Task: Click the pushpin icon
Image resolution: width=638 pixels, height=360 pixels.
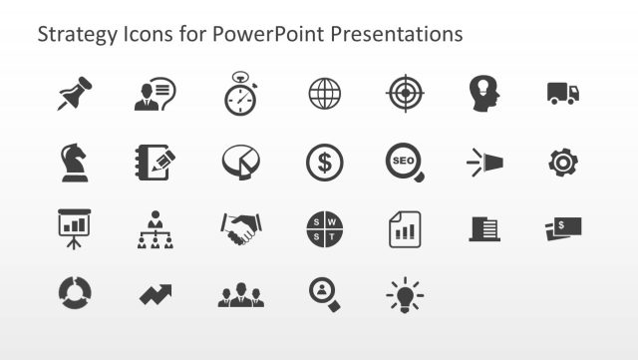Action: pos(74,94)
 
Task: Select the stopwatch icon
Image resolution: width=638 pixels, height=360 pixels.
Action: pos(240,94)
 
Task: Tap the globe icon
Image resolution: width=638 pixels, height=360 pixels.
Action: pos(324,94)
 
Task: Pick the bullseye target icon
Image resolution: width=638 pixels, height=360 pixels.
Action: pos(405,94)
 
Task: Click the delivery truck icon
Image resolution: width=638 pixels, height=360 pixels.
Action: pos(563,94)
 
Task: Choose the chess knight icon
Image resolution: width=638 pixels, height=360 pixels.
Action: pos(74,162)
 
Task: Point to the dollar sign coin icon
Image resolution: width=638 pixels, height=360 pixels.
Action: pos(324,162)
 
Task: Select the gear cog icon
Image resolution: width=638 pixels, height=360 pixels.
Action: pos(563,162)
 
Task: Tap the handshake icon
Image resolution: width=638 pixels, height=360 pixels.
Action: pos(239,229)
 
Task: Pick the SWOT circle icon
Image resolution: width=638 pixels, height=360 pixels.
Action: pos(324,229)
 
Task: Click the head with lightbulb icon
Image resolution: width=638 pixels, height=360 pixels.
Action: pos(484,94)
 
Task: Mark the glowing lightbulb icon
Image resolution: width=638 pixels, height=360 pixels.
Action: pos(405,295)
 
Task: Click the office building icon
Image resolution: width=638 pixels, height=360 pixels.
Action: pos(484,229)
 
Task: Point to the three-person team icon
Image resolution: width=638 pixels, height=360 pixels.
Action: pos(240,296)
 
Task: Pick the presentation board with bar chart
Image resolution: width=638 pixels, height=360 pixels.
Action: pos(74,227)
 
